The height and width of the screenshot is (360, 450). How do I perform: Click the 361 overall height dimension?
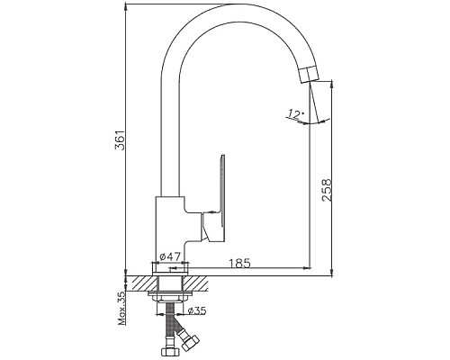click(121, 140)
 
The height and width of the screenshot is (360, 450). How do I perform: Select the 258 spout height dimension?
click(327, 190)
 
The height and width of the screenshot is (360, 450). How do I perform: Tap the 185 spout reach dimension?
click(239, 263)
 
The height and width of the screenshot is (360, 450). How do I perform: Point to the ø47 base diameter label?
click(170, 256)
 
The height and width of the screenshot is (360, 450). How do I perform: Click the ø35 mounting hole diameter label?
click(197, 310)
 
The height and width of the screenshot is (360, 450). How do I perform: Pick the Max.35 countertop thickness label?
click(121, 308)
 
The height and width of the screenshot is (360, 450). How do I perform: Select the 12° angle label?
click(295, 114)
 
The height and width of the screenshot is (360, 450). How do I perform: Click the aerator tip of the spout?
click(308, 75)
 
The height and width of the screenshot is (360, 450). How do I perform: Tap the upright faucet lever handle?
click(222, 191)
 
